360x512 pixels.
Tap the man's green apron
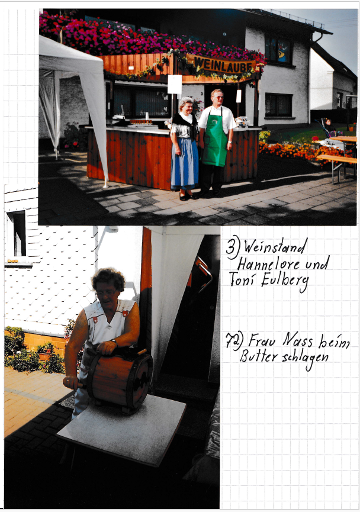tap(214, 140)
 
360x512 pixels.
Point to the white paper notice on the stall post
tap(175, 84)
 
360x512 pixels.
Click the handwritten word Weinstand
tap(275, 247)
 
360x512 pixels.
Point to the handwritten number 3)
tap(233, 247)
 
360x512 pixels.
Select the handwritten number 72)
tap(234, 341)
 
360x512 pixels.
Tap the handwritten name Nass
tap(297, 340)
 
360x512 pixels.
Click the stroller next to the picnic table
tap(327, 129)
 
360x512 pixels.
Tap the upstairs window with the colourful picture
tap(278, 50)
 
